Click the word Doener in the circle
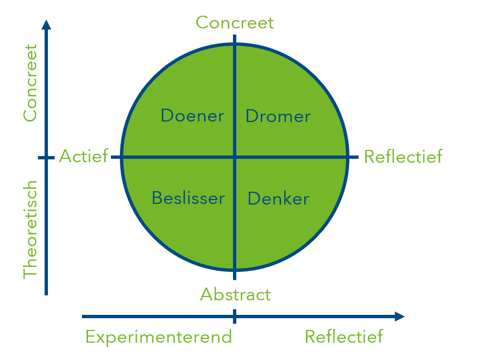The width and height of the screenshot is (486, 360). click(192, 116)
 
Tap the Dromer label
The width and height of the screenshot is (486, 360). click(278, 116)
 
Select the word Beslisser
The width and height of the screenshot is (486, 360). click(188, 198)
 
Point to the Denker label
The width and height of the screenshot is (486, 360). click(278, 198)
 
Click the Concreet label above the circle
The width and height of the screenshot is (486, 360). click(235, 22)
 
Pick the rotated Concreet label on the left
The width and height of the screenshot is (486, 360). click(30, 82)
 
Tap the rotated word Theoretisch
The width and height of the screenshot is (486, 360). click(30, 229)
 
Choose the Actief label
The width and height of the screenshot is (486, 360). click(84, 157)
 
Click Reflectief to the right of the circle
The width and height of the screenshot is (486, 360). click(403, 157)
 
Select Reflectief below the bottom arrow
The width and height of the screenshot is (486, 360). click(344, 337)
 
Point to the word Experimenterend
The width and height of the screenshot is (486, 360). click(158, 337)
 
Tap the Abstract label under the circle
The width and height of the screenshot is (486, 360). click(235, 294)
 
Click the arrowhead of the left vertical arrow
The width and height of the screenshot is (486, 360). click(46, 24)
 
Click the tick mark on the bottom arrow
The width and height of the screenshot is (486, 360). click(235, 317)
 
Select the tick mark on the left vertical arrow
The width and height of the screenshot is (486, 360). click(46, 158)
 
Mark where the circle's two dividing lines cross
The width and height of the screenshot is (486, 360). click(235, 158)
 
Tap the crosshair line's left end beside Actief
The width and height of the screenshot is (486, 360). click(113, 158)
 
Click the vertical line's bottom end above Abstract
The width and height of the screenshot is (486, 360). click(235, 278)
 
